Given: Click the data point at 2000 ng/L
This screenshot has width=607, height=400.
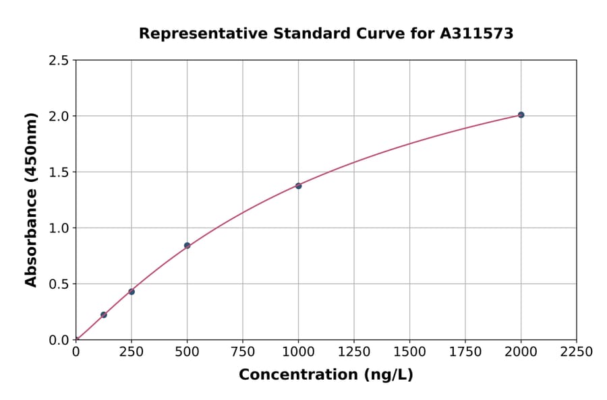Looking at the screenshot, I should pyautogui.click(x=521, y=115).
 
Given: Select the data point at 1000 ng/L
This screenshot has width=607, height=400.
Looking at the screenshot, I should pyautogui.click(x=298, y=186).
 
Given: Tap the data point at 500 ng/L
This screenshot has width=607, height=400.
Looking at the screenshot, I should pyautogui.click(x=187, y=246).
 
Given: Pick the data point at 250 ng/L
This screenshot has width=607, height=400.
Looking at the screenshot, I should pyautogui.click(x=132, y=292).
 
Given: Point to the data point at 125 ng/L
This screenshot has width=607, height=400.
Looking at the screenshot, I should pyautogui.click(x=104, y=314).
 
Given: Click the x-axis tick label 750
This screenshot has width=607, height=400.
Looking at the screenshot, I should pyautogui.click(x=243, y=352).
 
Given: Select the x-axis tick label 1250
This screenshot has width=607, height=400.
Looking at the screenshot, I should pyautogui.click(x=354, y=352).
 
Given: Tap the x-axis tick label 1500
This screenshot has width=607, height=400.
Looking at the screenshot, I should pyautogui.click(x=409, y=352).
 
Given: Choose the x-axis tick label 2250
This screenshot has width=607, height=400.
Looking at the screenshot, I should pyautogui.click(x=576, y=352).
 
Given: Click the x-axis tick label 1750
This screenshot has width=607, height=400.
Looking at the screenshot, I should pyautogui.click(x=465, y=352).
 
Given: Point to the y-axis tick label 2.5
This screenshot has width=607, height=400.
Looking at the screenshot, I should pyautogui.click(x=59, y=61).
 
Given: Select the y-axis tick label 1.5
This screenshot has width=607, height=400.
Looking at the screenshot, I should pyautogui.click(x=59, y=172).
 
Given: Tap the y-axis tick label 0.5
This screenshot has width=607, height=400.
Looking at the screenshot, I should pyautogui.click(x=59, y=284).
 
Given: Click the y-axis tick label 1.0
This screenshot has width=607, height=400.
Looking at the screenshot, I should pyautogui.click(x=59, y=228).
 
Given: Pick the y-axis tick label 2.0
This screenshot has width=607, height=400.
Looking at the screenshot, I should pyautogui.click(x=59, y=116).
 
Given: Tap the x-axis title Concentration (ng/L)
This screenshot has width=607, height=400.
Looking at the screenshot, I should pyautogui.click(x=326, y=375).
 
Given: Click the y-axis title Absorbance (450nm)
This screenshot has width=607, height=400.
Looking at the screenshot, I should pyautogui.click(x=31, y=200).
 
